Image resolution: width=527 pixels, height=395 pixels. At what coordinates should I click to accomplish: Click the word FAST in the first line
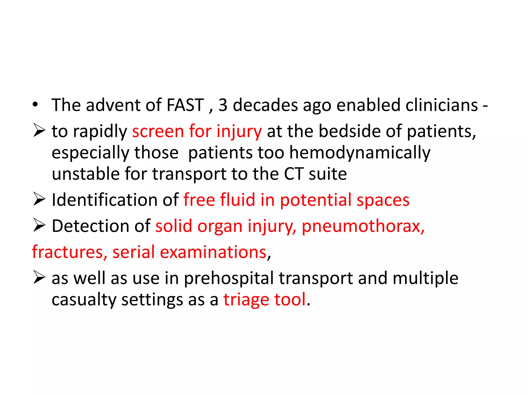tap(185, 105)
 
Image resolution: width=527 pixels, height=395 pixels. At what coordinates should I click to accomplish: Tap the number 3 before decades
tap(223, 105)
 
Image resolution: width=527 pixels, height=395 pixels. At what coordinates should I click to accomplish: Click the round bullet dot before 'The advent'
tap(35, 105)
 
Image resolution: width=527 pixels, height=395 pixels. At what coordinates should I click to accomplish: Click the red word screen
tap(158, 131)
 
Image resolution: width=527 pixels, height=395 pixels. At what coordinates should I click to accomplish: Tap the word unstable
tap(86, 174)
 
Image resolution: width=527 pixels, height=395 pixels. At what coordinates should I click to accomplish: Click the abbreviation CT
tap(294, 174)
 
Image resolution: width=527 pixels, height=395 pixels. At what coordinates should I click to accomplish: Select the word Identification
tap(104, 200)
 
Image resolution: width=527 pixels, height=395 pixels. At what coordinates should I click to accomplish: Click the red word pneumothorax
tap(363, 227)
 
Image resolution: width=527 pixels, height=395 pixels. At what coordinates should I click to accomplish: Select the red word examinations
tap(213, 252)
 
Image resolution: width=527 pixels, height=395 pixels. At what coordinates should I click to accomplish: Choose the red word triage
tap(246, 300)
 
